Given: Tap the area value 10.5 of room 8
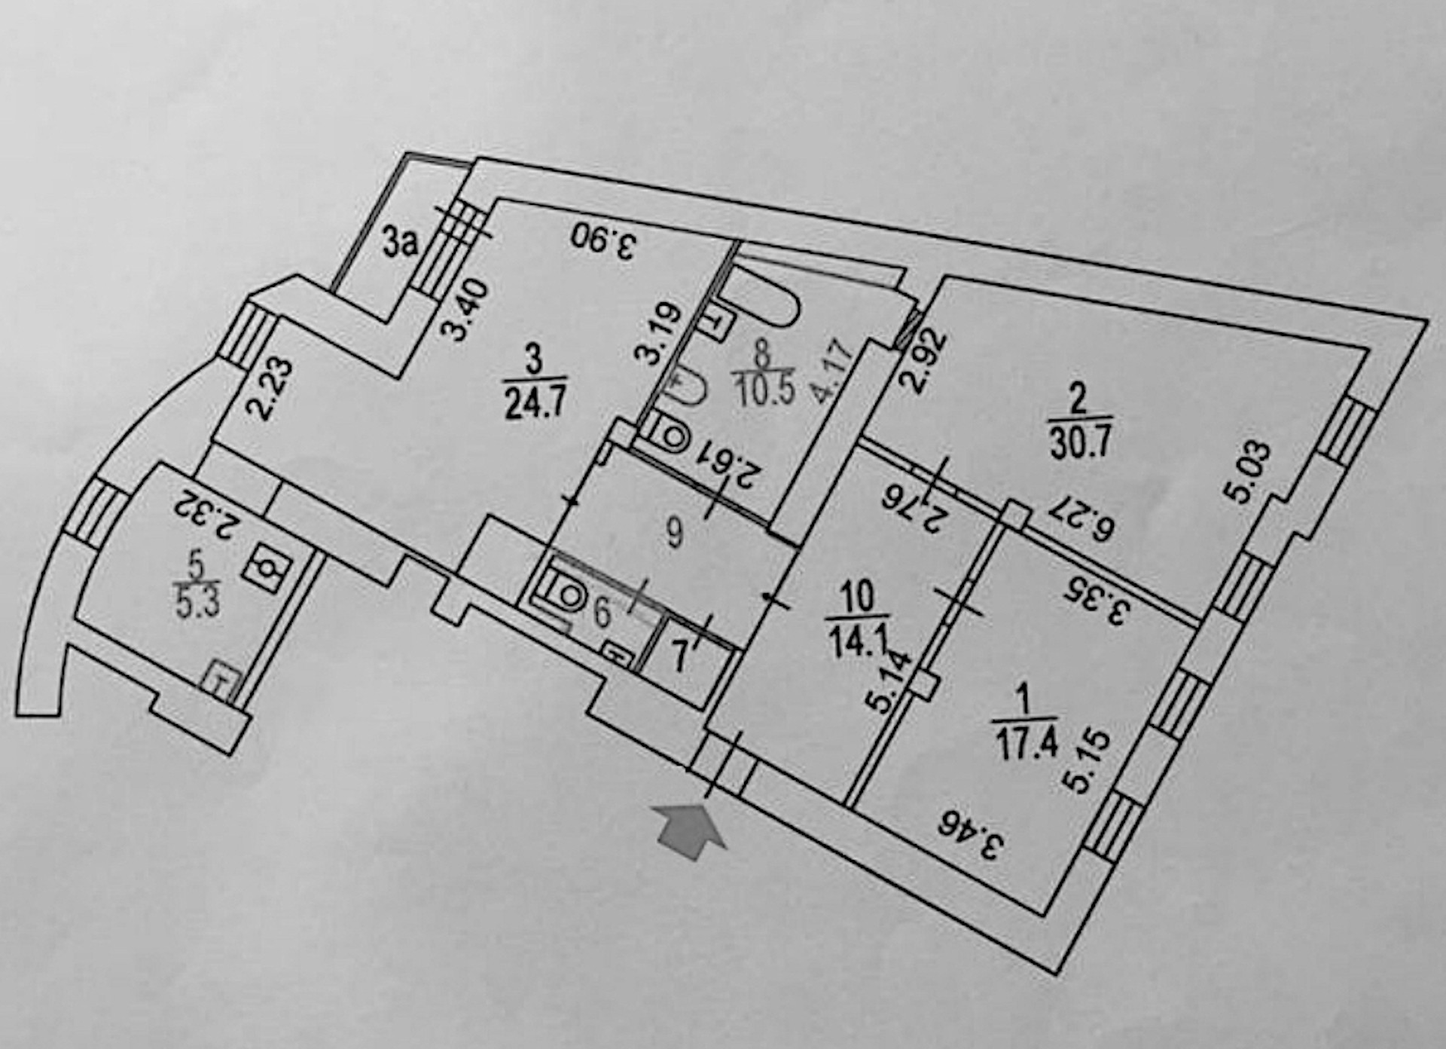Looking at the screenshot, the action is point(762,391).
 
